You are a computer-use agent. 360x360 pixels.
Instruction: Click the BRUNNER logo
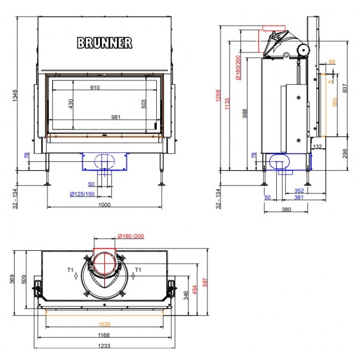[x=105, y=43]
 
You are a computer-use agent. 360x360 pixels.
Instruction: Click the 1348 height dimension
[x=15, y=95]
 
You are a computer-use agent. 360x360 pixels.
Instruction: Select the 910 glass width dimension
[x=95, y=88]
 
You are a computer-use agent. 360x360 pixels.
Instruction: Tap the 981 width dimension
[x=116, y=117]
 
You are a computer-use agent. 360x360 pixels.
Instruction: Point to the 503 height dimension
[x=143, y=104]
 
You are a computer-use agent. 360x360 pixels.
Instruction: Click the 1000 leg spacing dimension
[x=105, y=204]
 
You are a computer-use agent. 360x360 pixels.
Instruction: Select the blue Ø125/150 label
[x=82, y=194]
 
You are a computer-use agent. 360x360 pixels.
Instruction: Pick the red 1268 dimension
[x=218, y=95]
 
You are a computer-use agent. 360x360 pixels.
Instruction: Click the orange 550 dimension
[x=335, y=102]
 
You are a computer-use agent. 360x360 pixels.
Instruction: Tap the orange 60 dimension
[x=332, y=61]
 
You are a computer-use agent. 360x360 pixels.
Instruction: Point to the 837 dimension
[x=345, y=88]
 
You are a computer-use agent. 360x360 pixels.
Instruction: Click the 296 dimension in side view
[x=345, y=153]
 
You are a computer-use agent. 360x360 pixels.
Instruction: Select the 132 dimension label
[x=317, y=146]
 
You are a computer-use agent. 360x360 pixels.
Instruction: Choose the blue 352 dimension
[x=299, y=191]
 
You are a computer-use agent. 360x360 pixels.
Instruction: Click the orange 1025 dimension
[x=104, y=324]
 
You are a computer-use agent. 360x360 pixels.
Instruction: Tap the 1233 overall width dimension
[x=104, y=346]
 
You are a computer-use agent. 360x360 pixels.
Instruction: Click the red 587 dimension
[x=205, y=282]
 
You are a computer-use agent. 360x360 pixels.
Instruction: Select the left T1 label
[x=70, y=270]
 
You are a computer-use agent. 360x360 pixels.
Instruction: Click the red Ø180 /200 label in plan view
[x=131, y=236]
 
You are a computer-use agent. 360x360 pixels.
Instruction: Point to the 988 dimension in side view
[x=245, y=114]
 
